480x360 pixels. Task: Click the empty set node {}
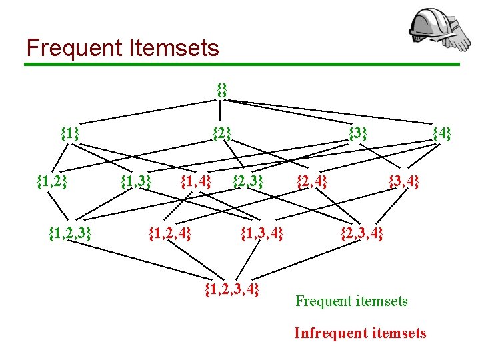pos(222,89)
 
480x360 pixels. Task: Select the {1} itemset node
pos(70,133)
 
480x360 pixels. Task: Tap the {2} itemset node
pos(222,133)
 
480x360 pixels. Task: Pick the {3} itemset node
pos(358,133)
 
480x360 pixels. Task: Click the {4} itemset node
pos(442,133)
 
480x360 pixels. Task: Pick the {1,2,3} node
pos(70,233)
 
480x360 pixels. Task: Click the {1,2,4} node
pos(169,233)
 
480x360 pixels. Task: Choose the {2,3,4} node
pos(362,233)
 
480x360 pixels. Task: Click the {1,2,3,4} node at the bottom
pos(231,289)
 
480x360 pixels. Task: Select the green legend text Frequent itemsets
pos(351,301)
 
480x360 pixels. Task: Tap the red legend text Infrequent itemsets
pos(360,333)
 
